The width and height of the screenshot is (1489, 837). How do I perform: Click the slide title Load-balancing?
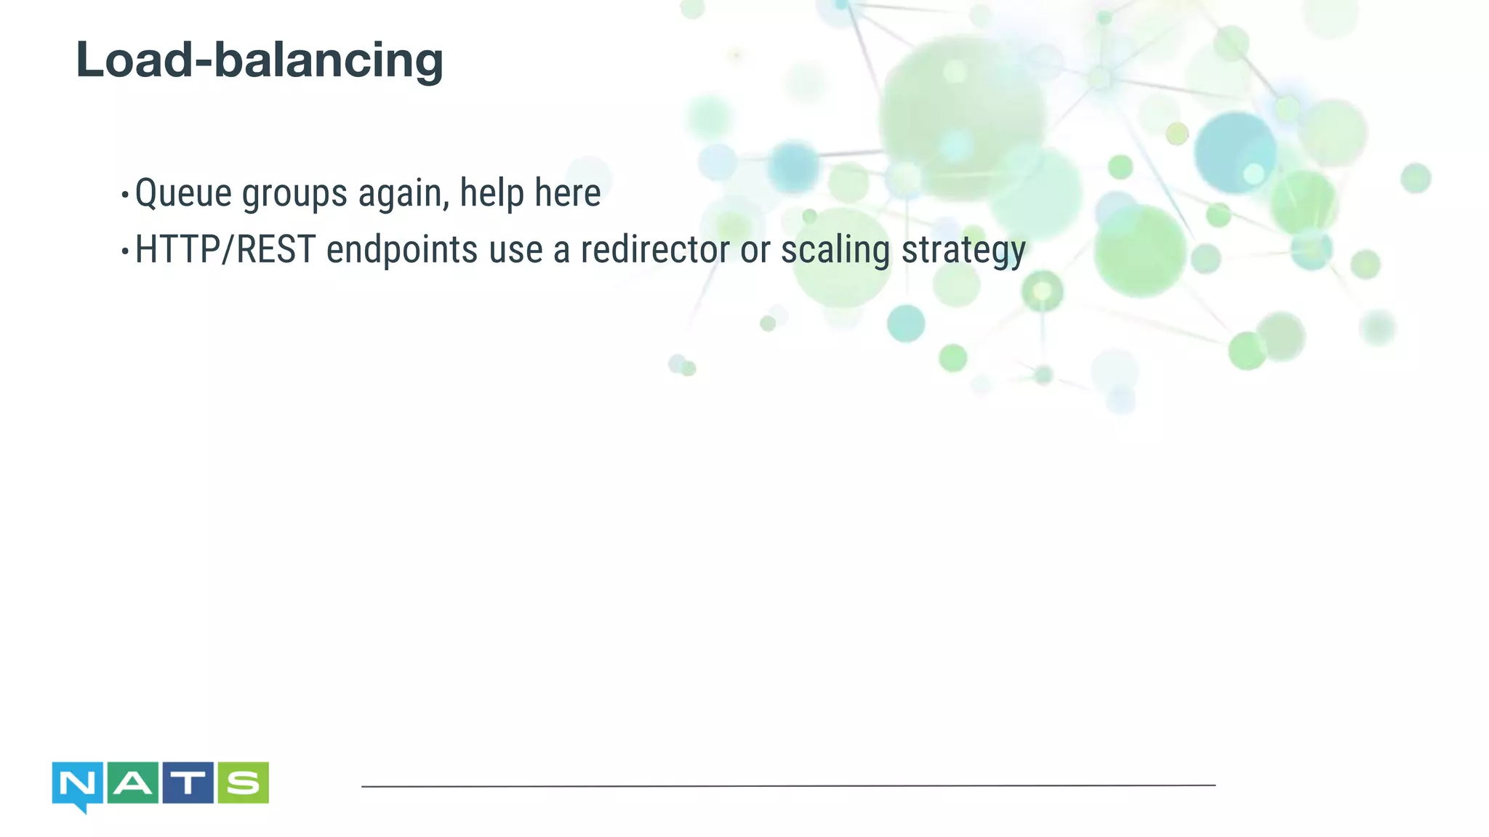pyautogui.click(x=260, y=60)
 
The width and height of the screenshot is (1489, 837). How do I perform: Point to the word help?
pyautogui.click(x=491, y=193)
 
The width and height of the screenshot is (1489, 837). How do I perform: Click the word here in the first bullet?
pyautogui.click(x=568, y=193)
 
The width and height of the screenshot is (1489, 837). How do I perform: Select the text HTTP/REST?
pyautogui.click(x=225, y=250)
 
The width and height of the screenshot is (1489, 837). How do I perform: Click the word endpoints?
pyautogui.click(x=402, y=251)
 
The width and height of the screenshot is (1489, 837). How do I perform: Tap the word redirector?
pyautogui.click(x=654, y=250)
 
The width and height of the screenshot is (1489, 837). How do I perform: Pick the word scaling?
pyautogui.click(x=835, y=251)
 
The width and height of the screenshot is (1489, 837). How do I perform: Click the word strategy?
pyautogui.click(x=963, y=251)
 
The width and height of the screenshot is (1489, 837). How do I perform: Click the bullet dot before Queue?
pyautogui.click(x=125, y=195)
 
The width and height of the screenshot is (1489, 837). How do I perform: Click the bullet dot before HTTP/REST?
pyautogui.click(x=125, y=251)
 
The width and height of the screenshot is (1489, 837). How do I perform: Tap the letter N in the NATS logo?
pyautogui.click(x=77, y=784)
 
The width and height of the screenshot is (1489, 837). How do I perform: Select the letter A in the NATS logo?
pyautogui.click(x=133, y=783)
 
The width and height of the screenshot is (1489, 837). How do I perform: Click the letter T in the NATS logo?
pyautogui.click(x=188, y=783)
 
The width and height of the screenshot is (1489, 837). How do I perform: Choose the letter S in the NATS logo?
pyautogui.click(x=243, y=783)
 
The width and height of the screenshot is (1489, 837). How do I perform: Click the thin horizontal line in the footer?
pyautogui.click(x=788, y=785)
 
